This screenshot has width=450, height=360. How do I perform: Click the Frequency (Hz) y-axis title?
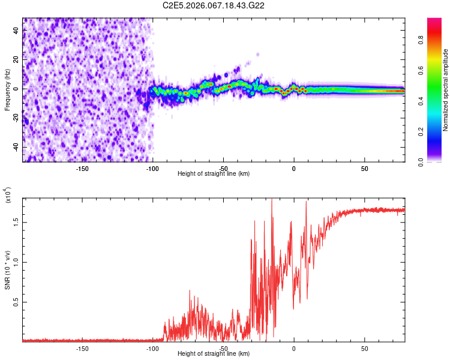click(x=7, y=90)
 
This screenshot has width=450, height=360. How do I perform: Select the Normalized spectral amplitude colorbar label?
click(x=446, y=90)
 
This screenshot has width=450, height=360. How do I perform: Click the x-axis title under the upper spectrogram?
click(x=214, y=173)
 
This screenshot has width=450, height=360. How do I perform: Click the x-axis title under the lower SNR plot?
click(x=214, y=353)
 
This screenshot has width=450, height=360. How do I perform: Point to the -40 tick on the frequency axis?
click(x=16, y=147)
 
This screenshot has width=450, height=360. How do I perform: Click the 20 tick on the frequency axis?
click(x=16, y=59)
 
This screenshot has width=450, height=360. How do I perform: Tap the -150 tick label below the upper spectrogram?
click(x=83, y=168)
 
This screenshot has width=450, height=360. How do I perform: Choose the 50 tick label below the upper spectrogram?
click(x=365, y=168)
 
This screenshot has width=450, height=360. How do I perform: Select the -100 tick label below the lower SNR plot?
click(x=153, y=348)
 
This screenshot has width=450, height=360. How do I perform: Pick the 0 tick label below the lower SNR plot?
click(x=294, y=348)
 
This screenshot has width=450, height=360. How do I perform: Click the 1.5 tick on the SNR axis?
click(x=16, y=221)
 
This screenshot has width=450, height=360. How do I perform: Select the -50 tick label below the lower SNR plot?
click(x=223, y=348)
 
